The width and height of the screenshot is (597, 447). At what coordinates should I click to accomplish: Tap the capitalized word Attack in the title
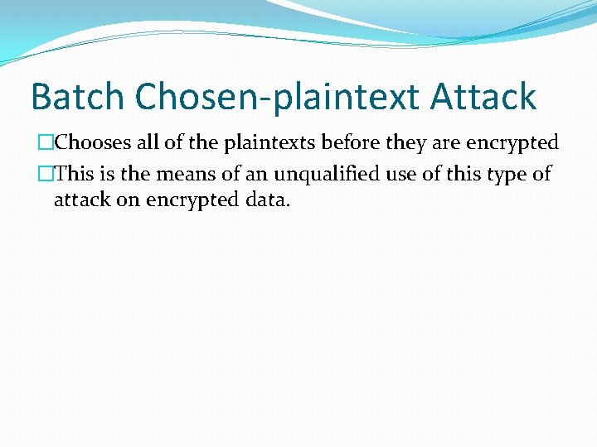(483, 98)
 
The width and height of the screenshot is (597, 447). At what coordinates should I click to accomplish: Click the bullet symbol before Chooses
(47, 143)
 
